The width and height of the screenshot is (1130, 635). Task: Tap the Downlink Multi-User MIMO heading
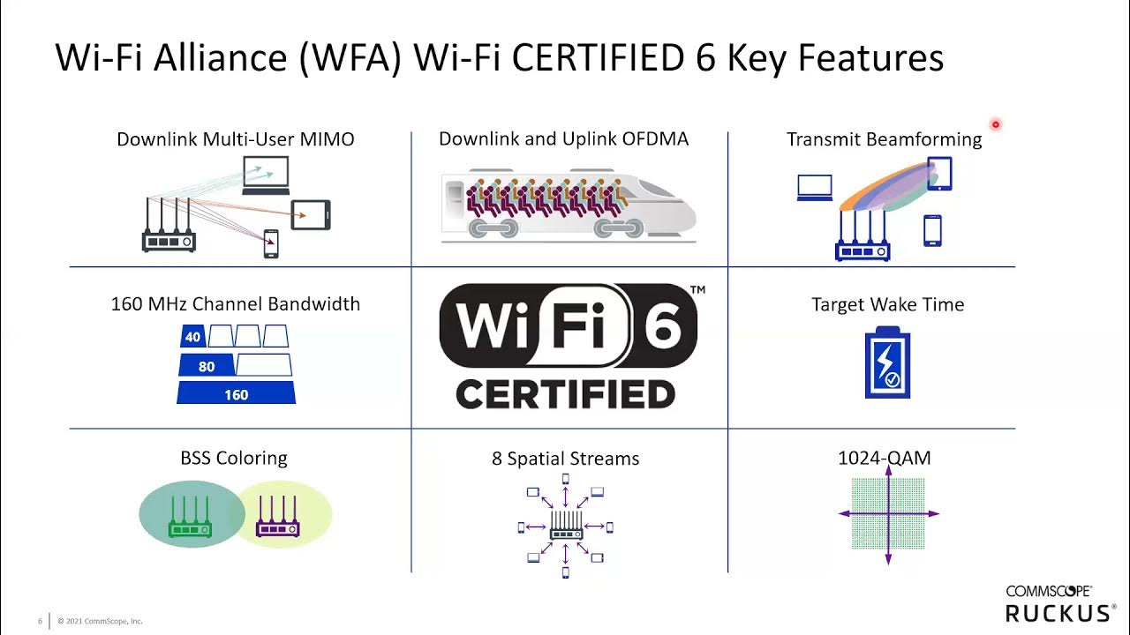click(236, 139)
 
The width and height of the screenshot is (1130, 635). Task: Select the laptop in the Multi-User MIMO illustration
click(266, 175)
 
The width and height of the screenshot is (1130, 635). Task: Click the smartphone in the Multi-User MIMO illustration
click(271, 243)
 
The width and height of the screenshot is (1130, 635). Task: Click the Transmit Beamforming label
click(884, 139)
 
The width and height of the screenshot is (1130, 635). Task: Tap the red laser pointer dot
click(995, 125)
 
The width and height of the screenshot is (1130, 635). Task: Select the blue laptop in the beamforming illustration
click(814, 188)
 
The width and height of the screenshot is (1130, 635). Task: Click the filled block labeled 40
click(192, 336)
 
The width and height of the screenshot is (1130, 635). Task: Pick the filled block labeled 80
click(207, 366)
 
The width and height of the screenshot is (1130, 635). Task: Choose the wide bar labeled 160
click(236, 393)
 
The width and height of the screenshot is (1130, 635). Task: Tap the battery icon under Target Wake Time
click(887, 362)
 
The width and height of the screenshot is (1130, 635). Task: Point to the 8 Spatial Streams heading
click(565, 459)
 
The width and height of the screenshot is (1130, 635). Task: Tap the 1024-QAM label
click(884, 458)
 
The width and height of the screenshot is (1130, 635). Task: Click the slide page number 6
click(40, 621)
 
